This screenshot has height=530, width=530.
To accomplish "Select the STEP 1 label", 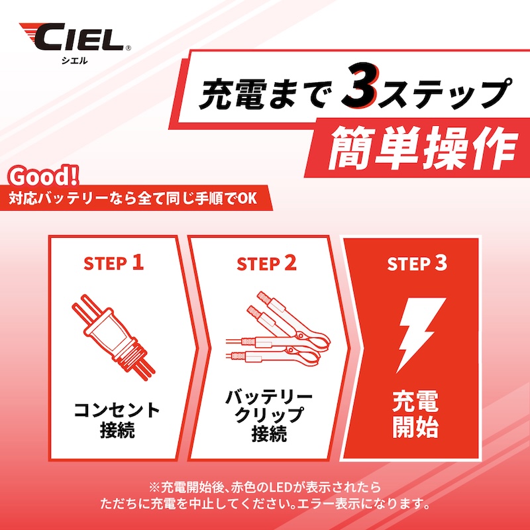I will tap(113, 263).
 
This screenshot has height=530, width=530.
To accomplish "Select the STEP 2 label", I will tap(267, 263).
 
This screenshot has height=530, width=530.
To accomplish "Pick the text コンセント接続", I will tap(116, 419).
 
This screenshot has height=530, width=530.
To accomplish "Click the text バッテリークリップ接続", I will tap(268, 416).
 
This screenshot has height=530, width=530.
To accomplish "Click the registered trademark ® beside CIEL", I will tap(128, 48).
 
